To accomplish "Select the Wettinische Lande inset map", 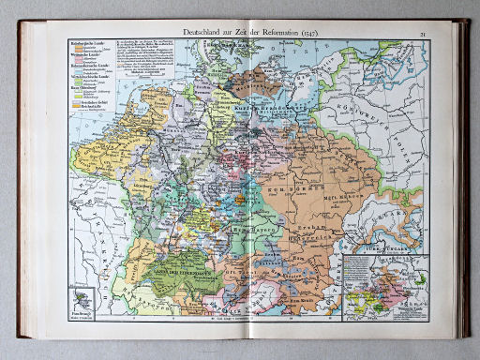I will tap(384, 285).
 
